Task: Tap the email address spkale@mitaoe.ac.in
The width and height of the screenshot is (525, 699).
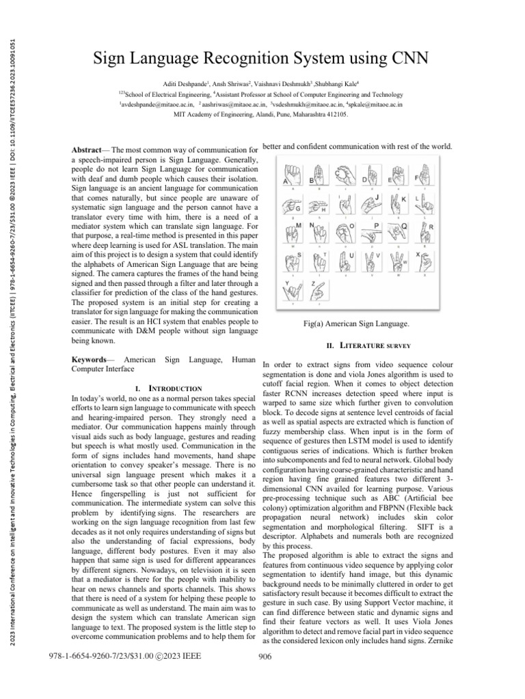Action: [x=373, y=104]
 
